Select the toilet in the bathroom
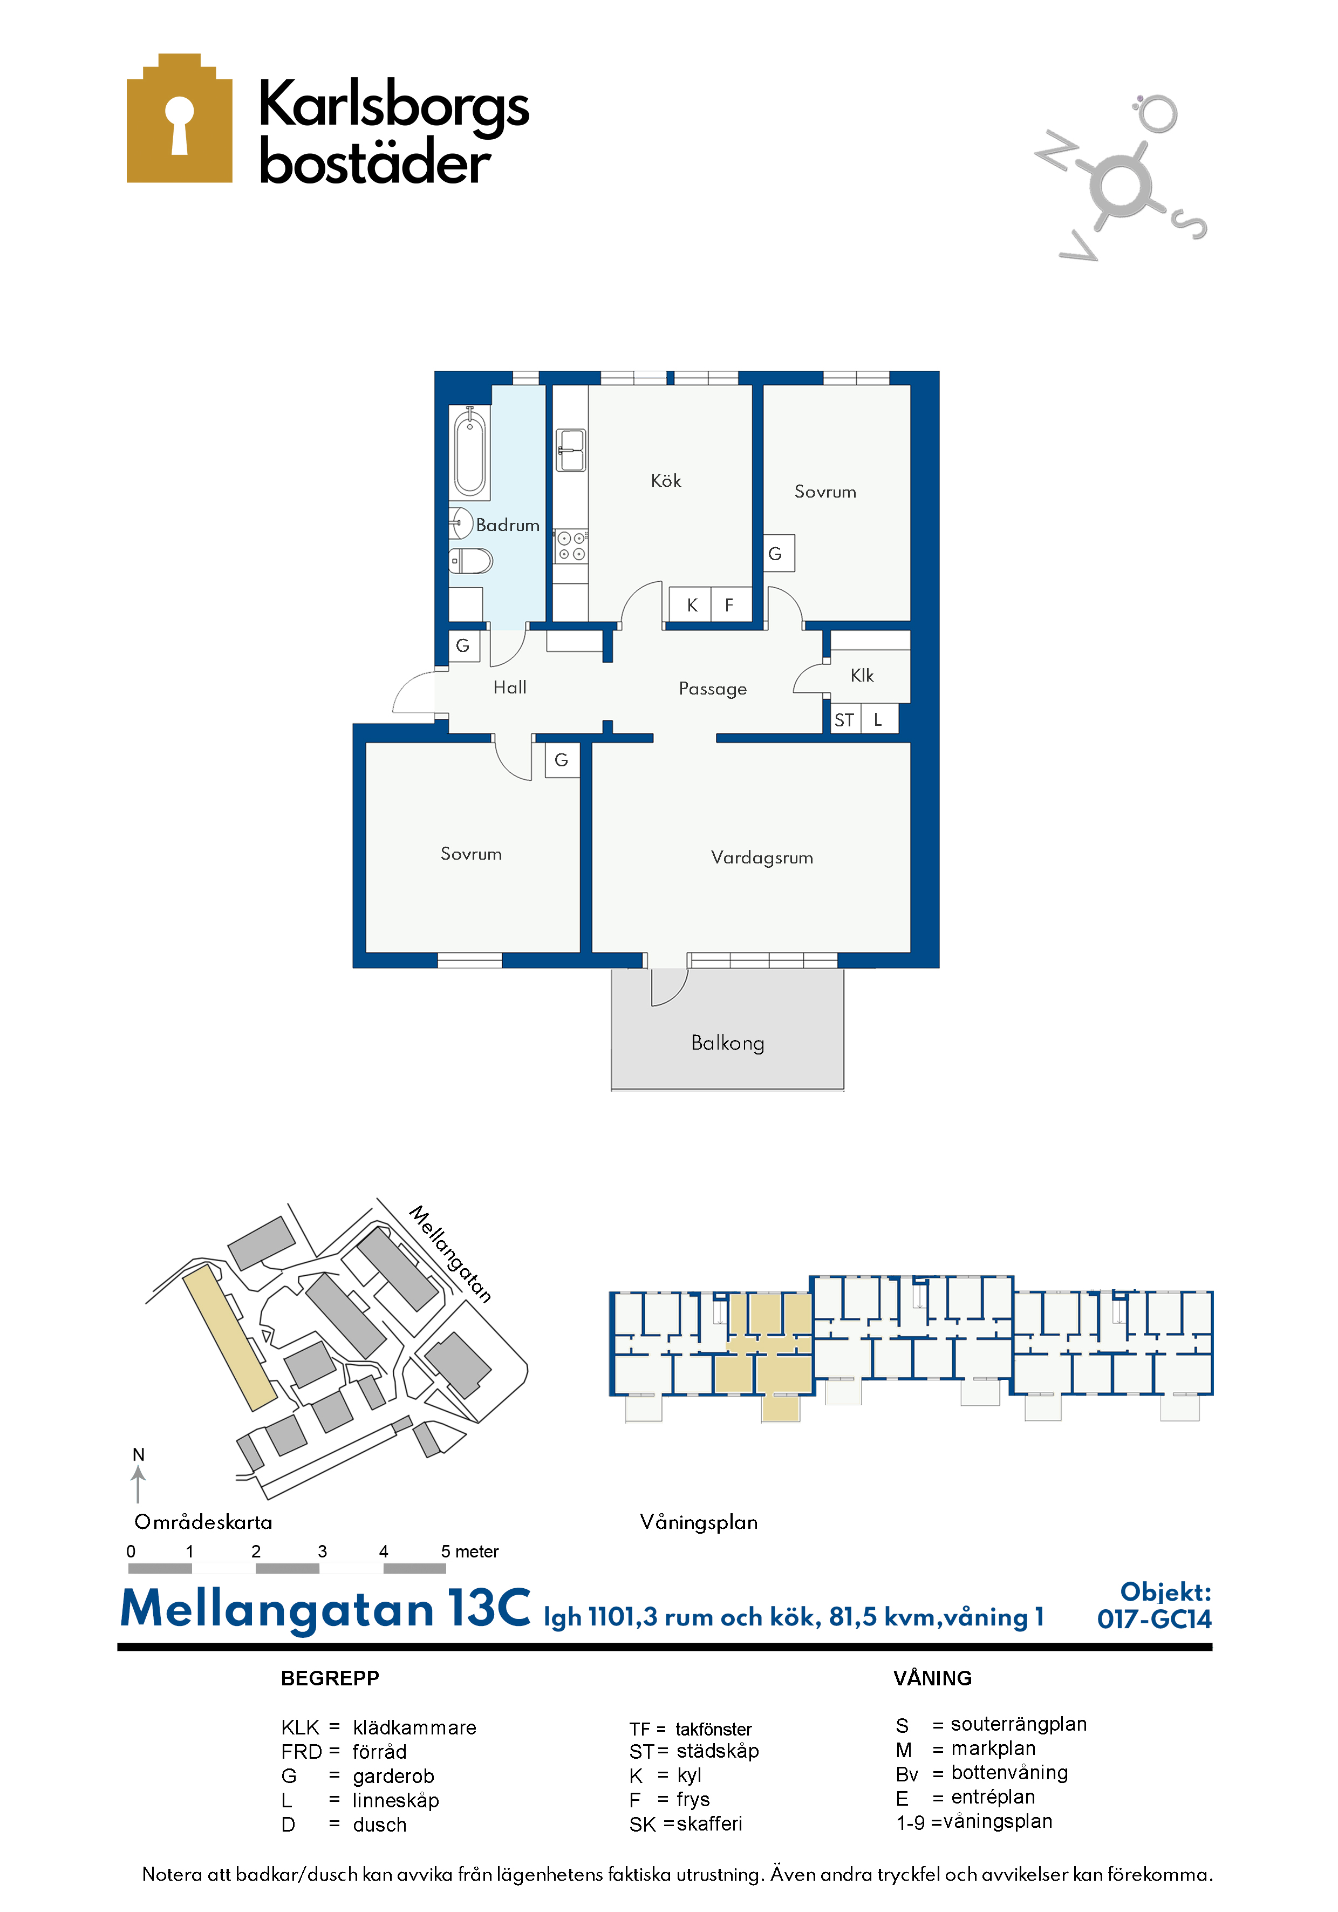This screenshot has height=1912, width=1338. [x=470, y=561]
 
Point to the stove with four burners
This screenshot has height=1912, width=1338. [x=571, y=546]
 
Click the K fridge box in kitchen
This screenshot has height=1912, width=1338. [x=691, y=604]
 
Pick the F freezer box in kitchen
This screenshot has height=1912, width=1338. [x=730, y=604]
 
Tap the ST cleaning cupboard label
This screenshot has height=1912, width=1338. [x=843, y=720]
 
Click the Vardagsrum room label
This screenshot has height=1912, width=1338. [x=762, y=858]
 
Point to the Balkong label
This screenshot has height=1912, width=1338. [x=728, y=1044]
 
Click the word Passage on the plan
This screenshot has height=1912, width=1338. [x=713, y=689]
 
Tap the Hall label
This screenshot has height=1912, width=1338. [x=509, y=687]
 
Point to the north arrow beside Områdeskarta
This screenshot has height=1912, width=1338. [x=138, y=1484]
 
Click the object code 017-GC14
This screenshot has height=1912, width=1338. [x=1154, y=1619]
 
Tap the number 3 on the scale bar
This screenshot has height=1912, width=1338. [x=322, y=1552]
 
